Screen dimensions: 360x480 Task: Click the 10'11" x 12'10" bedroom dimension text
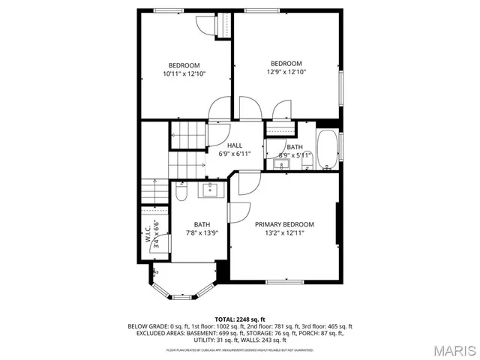point(184,73)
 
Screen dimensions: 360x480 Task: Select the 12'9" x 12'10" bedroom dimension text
point(286,72)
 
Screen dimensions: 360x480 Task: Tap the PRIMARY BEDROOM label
point(284,224)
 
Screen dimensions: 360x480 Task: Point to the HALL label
point(235,145)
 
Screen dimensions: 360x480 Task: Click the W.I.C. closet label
point(148,234)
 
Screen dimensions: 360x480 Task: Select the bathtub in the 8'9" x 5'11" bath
point(327,150)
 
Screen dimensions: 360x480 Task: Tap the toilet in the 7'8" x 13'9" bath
point(181,193)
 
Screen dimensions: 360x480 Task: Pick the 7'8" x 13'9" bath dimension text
point(202,233)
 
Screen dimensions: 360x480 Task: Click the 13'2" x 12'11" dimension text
point(284,233)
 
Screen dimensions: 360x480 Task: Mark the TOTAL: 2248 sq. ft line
point(240,319)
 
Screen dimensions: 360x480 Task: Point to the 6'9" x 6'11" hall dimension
point(235,154)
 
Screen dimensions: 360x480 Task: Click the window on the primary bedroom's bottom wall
point(284,281)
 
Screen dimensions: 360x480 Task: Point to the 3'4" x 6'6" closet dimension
point(156,234)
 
